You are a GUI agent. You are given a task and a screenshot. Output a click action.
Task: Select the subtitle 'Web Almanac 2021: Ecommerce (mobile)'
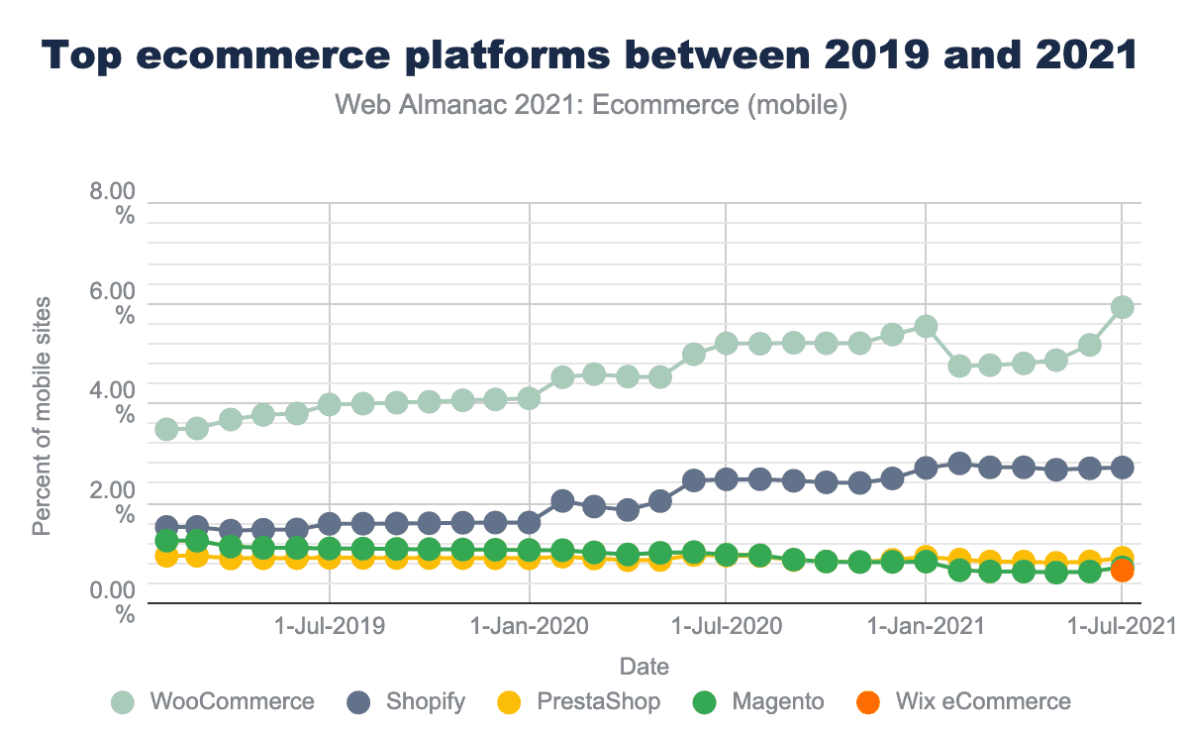pyautogui.click(x=592, y=105)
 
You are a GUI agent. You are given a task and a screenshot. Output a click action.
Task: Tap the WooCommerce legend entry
pyautogui.click(x=214, y=702)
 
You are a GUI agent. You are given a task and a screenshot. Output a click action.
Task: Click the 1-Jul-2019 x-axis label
pyautogui.click(x=330, y=627)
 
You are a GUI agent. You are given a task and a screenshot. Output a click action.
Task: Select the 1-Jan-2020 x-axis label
pyautogui.click(x=529, y=627)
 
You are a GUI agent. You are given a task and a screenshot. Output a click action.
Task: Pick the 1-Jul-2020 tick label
pyautogui.click(x=727, y=627)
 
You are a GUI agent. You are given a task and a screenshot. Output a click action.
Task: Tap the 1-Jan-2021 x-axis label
pyautogui.click(x=926, y=627)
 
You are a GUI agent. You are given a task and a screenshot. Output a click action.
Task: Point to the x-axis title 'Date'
pyautogui.click(x=643, y=666)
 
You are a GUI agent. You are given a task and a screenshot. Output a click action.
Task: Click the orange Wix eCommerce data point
pyautogui.click(x=1123, y=571)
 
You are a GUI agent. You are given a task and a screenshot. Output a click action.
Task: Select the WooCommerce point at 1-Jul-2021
pyautogui.click(x=1123, y=307)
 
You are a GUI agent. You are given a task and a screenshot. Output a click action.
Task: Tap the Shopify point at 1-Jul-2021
pyautogui.click(x=1123, y=467)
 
